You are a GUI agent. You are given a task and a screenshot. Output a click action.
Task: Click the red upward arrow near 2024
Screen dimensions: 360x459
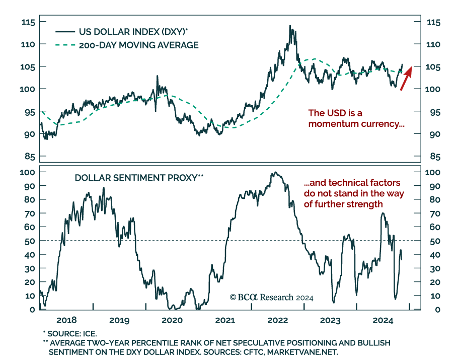[x=406, y=78]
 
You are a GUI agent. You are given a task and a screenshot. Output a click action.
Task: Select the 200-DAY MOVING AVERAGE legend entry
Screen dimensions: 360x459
[x=138, y=45]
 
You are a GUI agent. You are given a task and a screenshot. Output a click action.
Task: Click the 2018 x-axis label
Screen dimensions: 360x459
[x=66, y=320]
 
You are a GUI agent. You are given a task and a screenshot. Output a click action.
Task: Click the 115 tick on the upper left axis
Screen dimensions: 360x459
[x=28, y=22]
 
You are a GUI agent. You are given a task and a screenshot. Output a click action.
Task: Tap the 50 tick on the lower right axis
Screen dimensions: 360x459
[x=432, y=241]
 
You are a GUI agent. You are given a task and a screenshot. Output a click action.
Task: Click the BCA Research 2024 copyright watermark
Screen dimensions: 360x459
[x=271, y=297]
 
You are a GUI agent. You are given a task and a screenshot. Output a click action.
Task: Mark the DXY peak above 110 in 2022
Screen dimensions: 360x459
[x=290, y=26]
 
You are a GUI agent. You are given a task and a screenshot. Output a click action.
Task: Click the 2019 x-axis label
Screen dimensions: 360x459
[x=119, y=320]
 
